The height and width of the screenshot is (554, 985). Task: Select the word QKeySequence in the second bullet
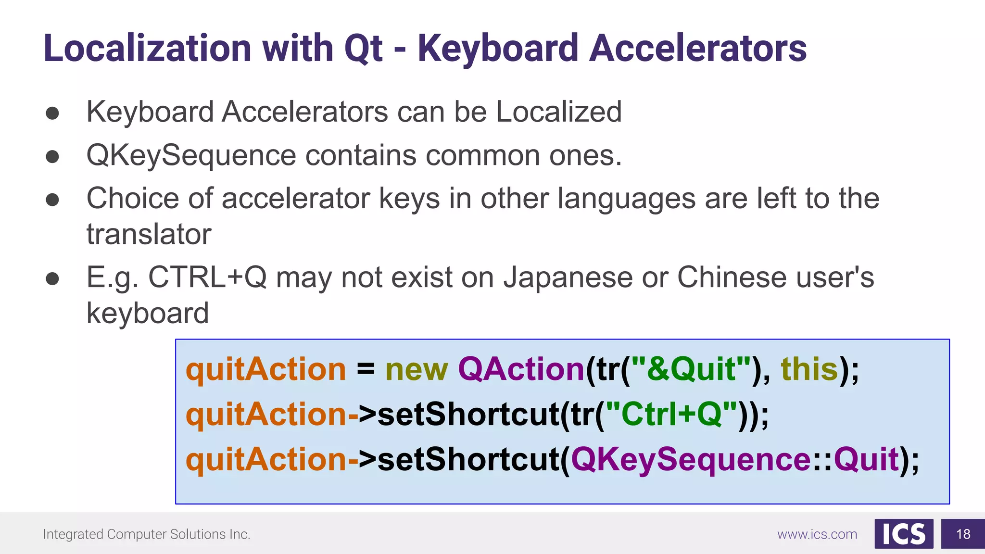[x=191, y=155]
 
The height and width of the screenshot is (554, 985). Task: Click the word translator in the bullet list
[x=149, y=234]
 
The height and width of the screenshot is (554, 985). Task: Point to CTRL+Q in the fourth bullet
[x=207, y=277]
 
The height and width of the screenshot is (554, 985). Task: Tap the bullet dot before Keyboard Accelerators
[x=52, y=113]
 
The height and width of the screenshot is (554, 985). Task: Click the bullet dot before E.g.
[x=52, y=279]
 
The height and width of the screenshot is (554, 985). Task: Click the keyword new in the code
[x=417, y=369]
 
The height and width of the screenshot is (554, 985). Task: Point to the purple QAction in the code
[x=521, y=369]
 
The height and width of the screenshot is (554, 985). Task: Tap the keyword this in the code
[x=810, y=369]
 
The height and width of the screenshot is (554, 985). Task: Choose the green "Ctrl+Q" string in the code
[x=671, y=414]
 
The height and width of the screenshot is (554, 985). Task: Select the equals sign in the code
[x=366, y=369]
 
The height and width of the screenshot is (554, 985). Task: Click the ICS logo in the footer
[x=904, y=534]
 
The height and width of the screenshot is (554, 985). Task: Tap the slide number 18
[x=963, y=534]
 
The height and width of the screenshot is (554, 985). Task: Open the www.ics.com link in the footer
[x=817, y=534]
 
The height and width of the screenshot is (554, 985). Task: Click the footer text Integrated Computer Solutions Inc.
[x=147, y=534]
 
